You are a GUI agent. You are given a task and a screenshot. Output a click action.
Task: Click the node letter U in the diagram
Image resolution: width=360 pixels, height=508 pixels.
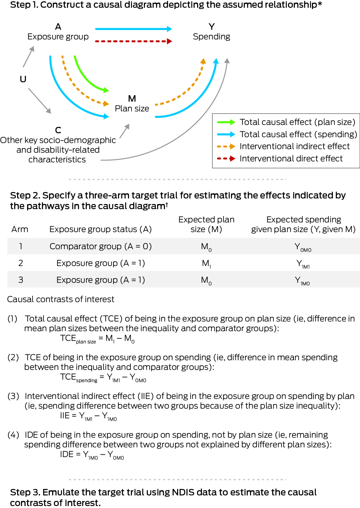click(23, 79)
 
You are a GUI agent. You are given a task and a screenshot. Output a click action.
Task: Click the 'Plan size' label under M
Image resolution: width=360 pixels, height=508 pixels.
click(132, 108)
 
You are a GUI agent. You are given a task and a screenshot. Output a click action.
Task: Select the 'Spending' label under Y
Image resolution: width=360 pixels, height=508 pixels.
click(211, 36)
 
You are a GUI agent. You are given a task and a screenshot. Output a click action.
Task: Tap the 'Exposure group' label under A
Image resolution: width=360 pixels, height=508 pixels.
click(58, 36)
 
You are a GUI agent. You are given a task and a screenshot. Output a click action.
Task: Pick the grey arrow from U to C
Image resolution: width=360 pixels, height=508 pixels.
click(39, 100)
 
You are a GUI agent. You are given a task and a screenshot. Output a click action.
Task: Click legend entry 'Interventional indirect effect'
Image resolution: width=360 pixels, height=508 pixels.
click(294, 146)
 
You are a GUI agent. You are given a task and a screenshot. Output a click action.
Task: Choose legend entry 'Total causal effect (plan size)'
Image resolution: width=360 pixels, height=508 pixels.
click(297, 122)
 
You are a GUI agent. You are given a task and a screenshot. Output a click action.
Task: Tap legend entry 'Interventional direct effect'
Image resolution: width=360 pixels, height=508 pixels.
click(291, 158)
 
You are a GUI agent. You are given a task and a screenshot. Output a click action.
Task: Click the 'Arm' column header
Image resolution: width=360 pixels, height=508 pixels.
click(20, 229)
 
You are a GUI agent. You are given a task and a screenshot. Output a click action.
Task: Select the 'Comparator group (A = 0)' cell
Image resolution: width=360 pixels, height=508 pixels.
click(100, 246)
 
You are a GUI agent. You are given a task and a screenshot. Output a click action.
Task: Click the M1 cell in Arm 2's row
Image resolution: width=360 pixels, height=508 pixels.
click(206, 263)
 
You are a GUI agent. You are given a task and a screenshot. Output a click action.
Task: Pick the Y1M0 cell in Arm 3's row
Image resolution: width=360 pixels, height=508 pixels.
click(302, 280)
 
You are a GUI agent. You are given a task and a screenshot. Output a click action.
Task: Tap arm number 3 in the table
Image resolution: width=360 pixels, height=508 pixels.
click(21, 280)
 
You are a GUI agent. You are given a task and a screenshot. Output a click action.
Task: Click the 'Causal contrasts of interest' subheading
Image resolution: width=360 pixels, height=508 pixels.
click(61, 299)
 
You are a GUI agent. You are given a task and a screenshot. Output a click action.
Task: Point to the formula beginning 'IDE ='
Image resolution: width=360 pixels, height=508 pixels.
click(92, 454)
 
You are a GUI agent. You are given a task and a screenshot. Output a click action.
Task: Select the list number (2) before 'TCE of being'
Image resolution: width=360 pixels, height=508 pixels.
click(13, 357)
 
